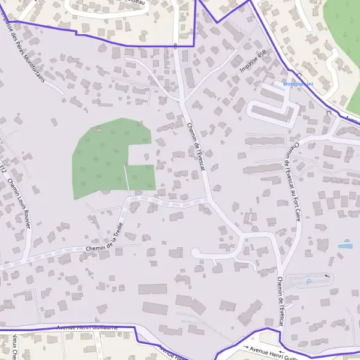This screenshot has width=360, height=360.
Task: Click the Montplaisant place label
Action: [298, 84]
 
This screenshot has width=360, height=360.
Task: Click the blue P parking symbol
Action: [309, 281]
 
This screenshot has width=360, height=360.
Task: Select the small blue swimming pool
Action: [345, 245]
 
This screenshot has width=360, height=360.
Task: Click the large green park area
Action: [108, 156]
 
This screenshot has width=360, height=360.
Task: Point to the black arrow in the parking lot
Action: [327, 276]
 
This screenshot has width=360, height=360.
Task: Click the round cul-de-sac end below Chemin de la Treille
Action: [196, 254]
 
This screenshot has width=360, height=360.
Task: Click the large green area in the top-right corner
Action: [345, 36]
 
